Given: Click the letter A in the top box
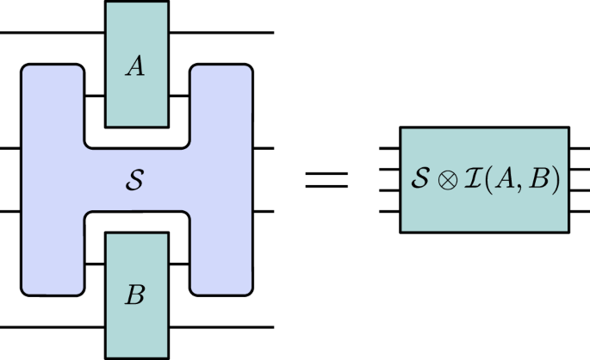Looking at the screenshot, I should pos(135,67).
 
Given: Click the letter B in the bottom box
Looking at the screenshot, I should pos(135,295).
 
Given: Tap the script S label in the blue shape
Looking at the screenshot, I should pos(135,181).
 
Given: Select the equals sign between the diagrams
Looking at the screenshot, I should pos(327,180).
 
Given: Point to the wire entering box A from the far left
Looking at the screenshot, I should pos(52,33).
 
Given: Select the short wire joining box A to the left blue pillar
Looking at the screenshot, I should pos(94,96).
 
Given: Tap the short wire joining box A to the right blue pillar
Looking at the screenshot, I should pos(179,96).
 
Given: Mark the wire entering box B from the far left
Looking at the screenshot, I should pos(52,327).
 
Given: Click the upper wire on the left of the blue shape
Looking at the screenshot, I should pos(9,148).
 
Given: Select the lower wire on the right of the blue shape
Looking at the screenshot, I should pos(263,211).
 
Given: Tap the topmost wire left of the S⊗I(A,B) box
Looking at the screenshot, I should pos(389,150).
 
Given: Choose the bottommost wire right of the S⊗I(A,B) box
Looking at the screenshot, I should pos(579,211).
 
